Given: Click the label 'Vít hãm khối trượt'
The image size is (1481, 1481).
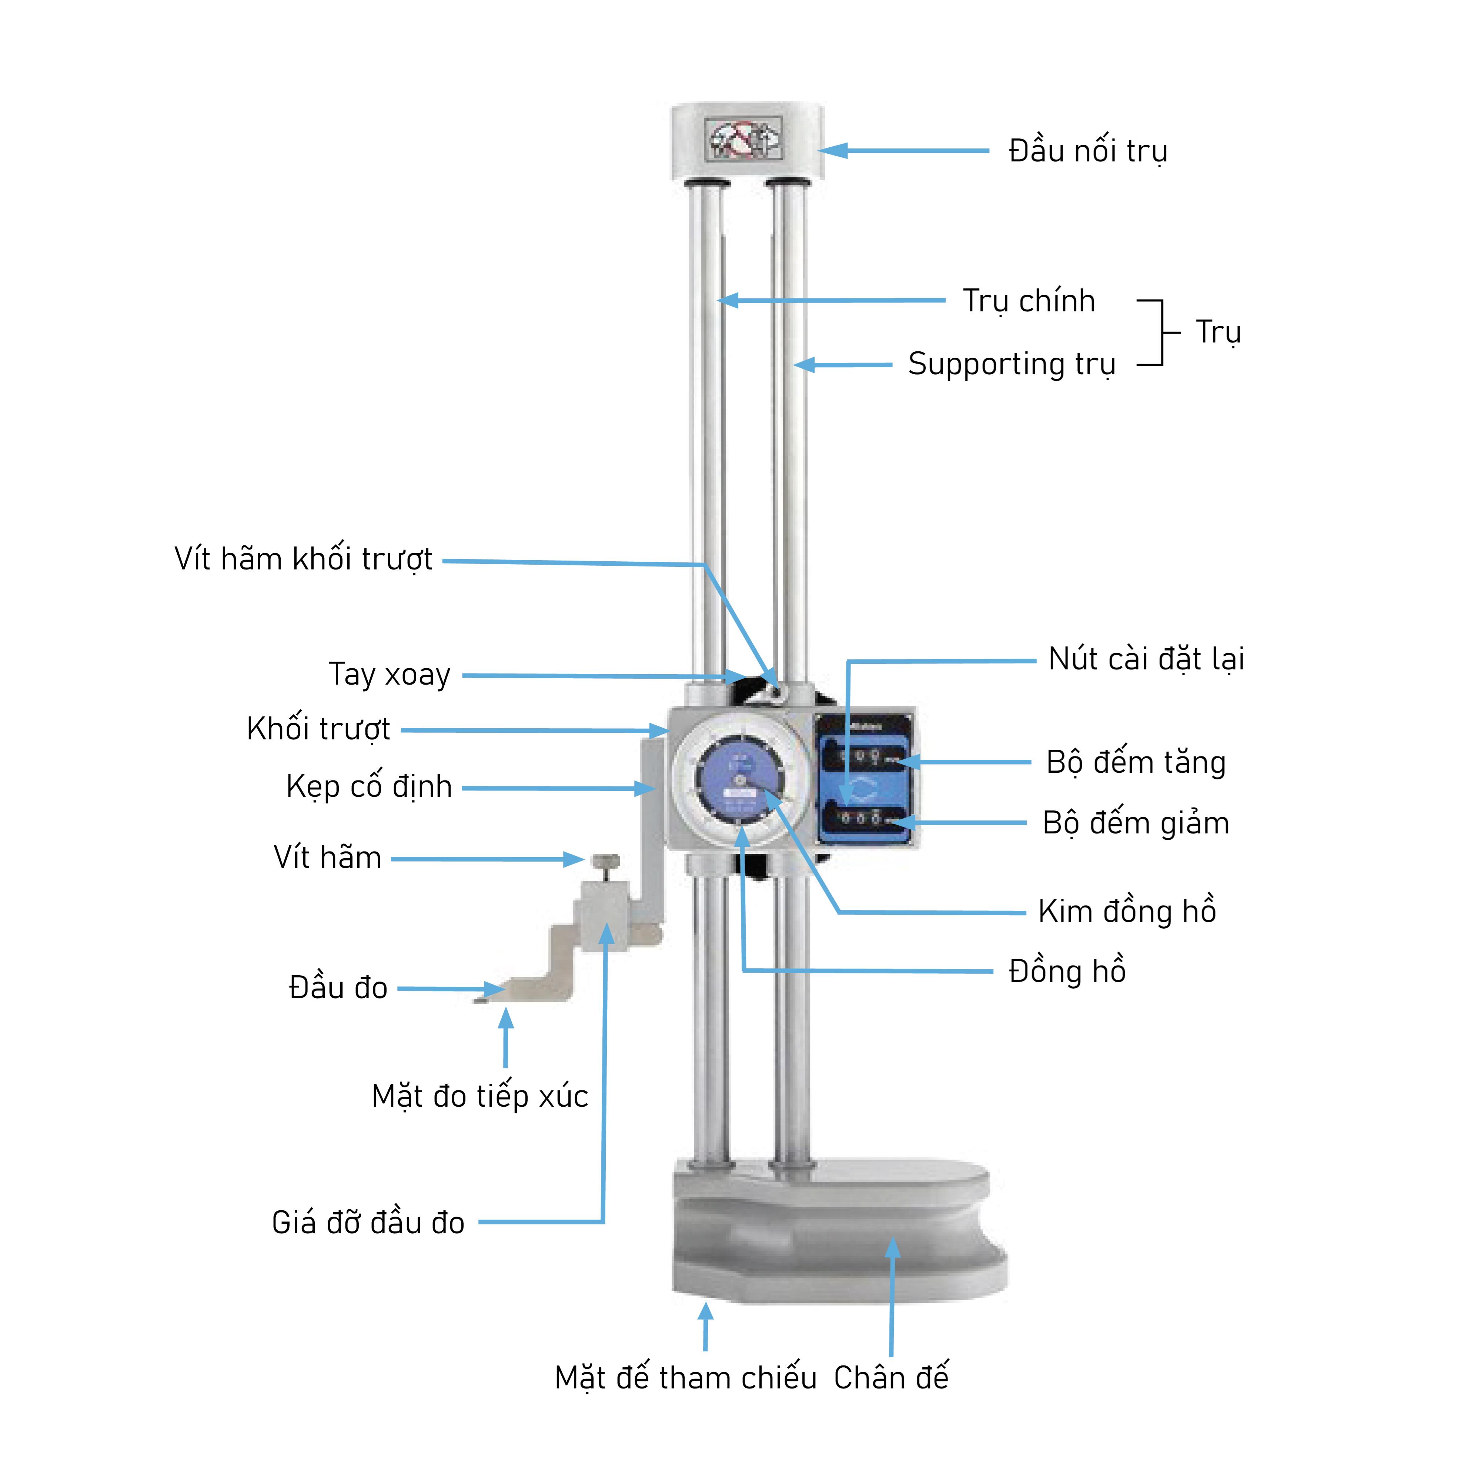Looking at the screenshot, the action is (x=304, y=559).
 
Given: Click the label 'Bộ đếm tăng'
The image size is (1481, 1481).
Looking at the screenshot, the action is (x=1136, y=762).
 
